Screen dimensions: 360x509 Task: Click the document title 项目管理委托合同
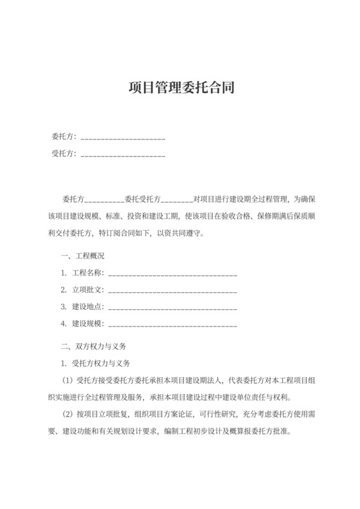(179, 87)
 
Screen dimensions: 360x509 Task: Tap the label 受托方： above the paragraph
(64, 154)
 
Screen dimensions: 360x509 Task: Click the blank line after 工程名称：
(174, 274)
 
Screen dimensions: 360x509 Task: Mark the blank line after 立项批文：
(174, 290)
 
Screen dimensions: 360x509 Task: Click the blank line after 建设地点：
(174, 307)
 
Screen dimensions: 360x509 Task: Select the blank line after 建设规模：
(174, 324)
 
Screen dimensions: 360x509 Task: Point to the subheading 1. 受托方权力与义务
(95, 362)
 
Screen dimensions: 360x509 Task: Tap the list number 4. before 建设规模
(64, 323)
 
